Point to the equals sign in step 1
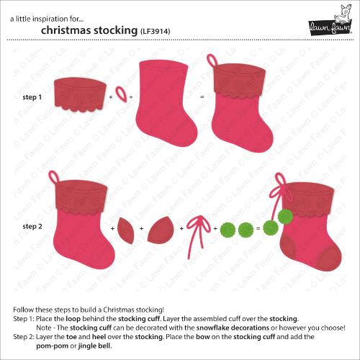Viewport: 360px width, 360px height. (202, 96)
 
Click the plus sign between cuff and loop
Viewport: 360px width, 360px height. (111, 96)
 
